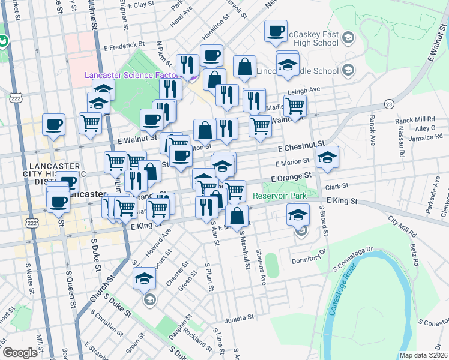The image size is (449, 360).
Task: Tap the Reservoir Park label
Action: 280,196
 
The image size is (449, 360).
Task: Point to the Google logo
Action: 20,353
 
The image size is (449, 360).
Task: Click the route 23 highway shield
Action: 390,105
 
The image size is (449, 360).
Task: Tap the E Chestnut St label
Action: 301,146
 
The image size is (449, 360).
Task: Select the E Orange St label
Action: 293,178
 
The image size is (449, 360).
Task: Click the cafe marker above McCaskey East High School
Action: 276,31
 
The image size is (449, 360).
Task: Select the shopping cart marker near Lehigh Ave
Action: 294,106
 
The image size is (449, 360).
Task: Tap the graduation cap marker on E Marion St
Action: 327,157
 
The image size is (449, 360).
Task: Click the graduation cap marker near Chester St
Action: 145,278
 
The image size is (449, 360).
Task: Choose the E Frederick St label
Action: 124,44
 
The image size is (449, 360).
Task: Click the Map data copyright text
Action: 424,355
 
